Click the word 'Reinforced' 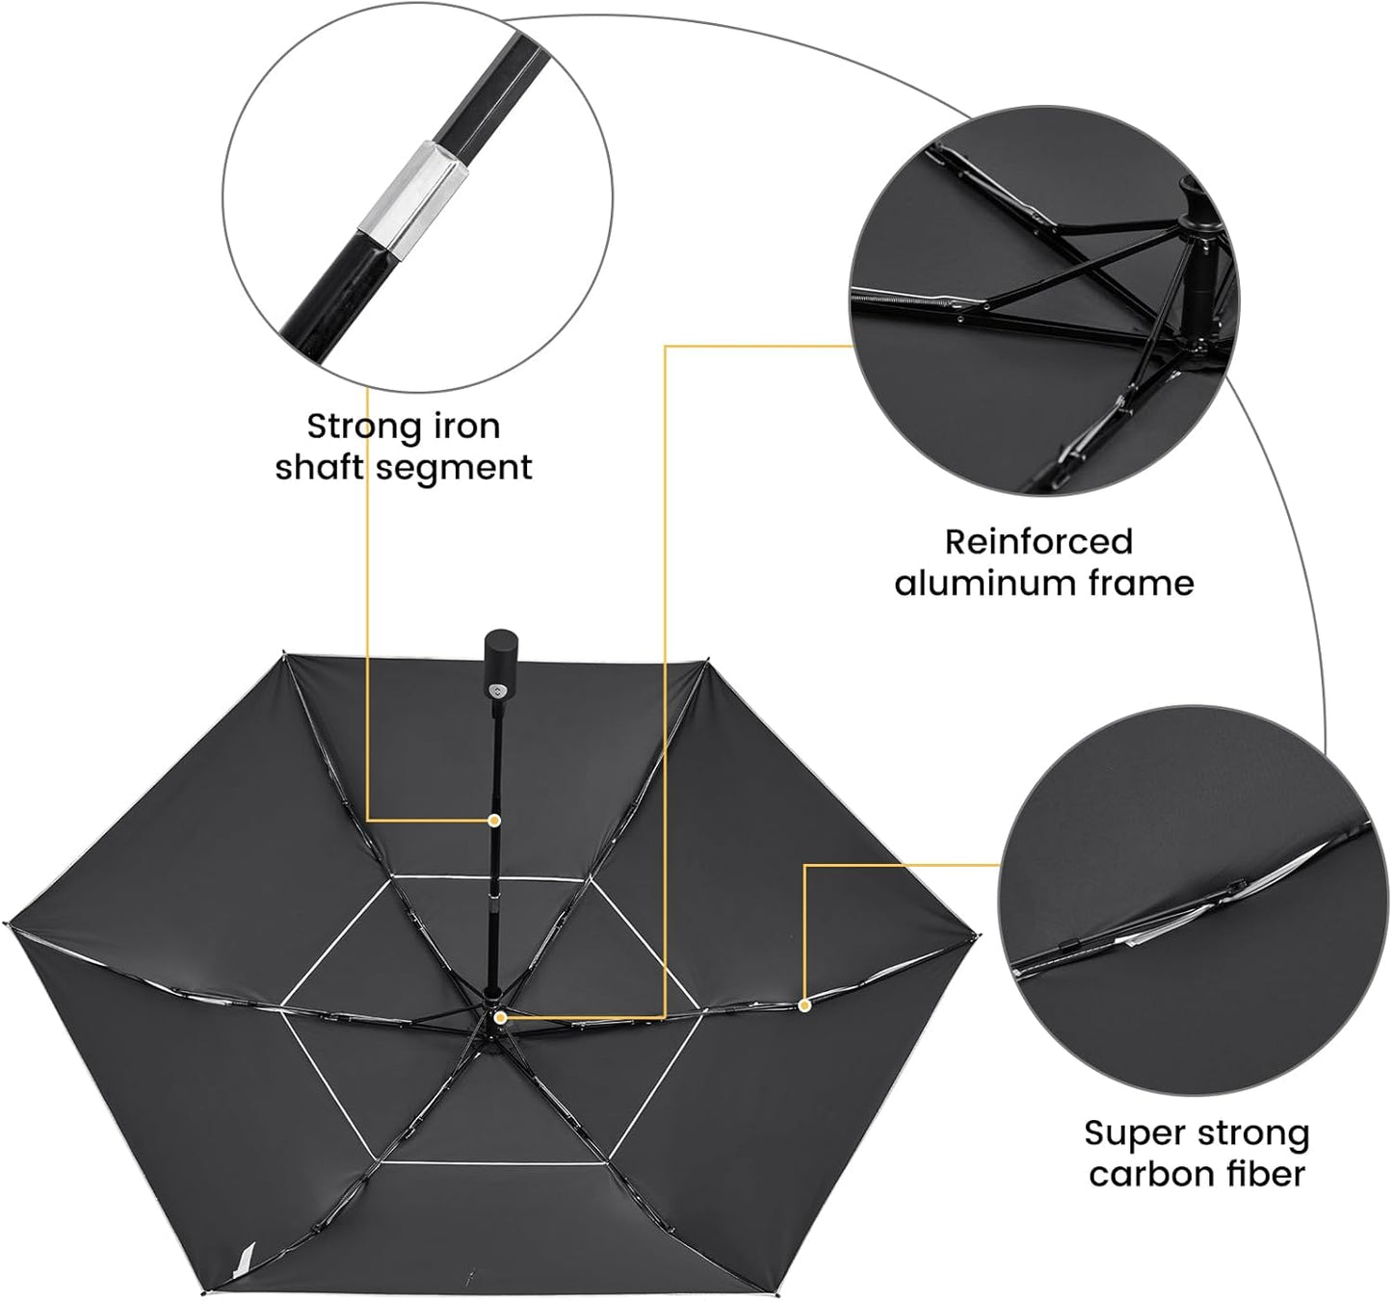tap(1037, 542)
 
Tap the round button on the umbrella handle tap(497, 690)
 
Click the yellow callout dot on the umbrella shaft tap(494, 820)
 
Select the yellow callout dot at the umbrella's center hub tap(500, 1017)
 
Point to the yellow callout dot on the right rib tap(804, 1004)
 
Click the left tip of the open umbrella tap(7, 924)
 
